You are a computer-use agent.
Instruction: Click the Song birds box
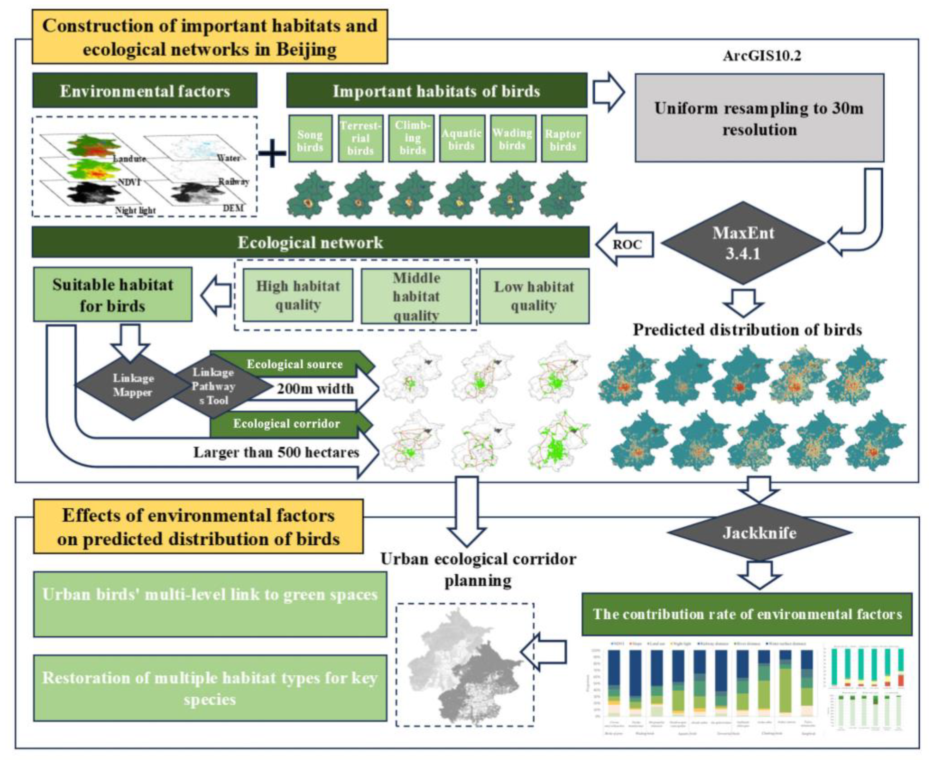tap(310, 139)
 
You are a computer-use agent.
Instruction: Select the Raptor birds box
tap(563, 139)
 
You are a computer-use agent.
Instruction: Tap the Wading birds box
tap(513, 139)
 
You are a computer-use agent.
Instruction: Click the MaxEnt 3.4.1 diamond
tap(743, 243)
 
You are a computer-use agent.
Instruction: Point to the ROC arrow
tap(625, 244)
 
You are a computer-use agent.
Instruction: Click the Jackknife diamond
tap(759, 533)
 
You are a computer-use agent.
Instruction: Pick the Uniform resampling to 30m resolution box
tap(759, 118)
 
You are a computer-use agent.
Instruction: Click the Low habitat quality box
tap(534, 296)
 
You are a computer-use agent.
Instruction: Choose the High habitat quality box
tap(298, 295)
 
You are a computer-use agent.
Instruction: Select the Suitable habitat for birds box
tap(113, 295)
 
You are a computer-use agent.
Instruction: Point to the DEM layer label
tap(233, 208)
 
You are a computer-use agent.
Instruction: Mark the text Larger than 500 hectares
tap(276, 452)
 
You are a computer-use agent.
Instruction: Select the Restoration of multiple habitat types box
tap(210, 688)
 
